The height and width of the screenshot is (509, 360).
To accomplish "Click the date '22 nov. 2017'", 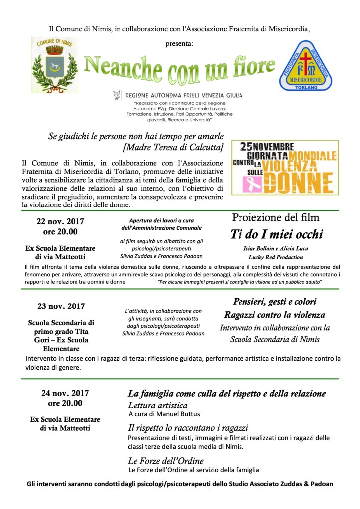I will coord(60,221).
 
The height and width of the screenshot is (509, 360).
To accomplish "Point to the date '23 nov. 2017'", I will coord(60,306).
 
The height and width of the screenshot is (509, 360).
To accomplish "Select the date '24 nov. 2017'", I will coord(62,393).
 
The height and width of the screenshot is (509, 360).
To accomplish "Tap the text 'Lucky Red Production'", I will coord(276,257).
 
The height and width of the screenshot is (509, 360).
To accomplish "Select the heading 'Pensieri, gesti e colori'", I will coord(275,302).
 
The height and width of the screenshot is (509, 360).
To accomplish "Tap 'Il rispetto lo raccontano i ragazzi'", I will coord(188,428).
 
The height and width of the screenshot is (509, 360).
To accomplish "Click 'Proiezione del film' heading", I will coord(275,217).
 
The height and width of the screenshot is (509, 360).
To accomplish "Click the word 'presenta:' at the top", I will coord(180,44).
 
